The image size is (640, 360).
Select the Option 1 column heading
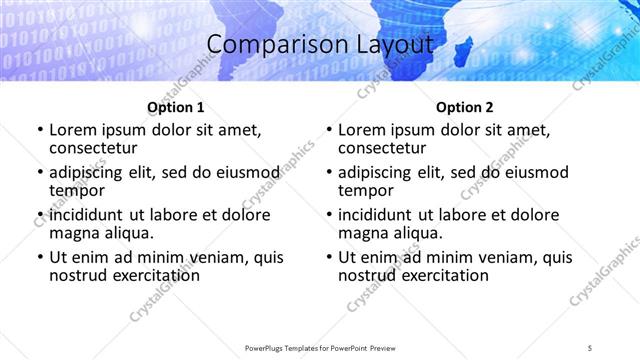(175, 107)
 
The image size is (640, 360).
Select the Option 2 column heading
(465, 107)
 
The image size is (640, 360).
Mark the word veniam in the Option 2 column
(508, 257)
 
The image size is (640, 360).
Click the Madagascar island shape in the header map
(465, 46)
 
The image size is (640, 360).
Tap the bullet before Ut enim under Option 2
(330, 257)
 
